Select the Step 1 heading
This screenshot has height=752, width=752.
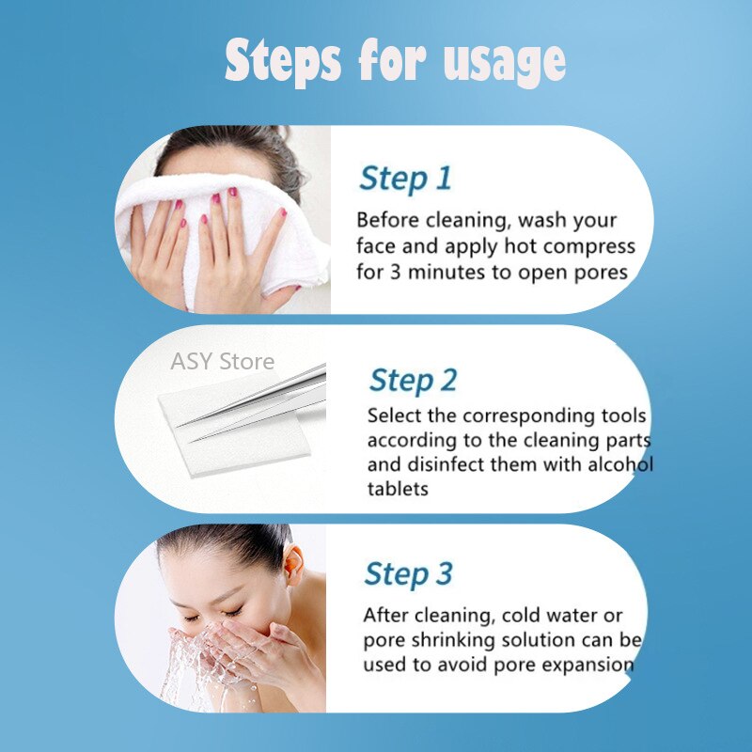coord(405,178)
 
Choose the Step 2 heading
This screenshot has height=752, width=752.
coord(413,380)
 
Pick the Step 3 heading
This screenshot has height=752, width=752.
coord(408,573)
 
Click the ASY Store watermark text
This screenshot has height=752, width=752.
coord(223,361)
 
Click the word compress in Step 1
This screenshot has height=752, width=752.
coord(585,247)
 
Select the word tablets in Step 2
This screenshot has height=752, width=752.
coord(398,490)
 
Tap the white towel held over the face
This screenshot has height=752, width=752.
coord(235,235)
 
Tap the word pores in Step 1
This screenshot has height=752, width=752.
coord(601,273)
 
